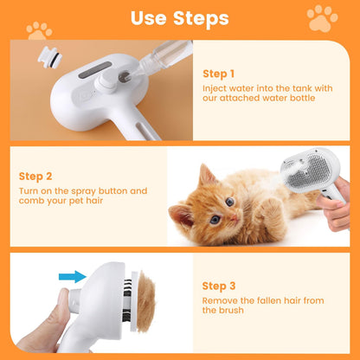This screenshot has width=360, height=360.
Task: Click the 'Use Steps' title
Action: coord(179,17)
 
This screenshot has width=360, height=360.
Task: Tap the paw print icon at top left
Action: coord(39,30)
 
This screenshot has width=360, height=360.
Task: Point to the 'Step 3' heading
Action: coord(218,285)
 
